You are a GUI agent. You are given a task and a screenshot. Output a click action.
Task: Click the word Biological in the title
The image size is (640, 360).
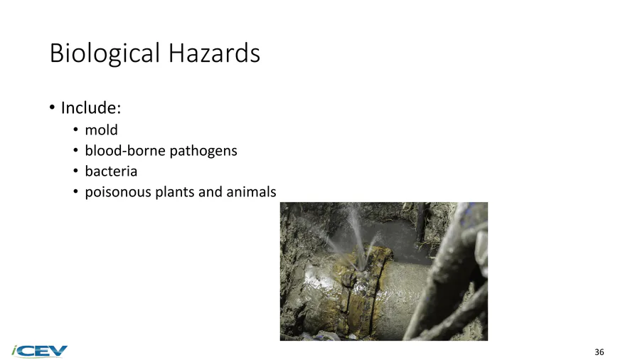pos(105,53)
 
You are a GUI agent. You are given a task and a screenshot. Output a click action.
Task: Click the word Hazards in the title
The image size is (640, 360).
pos(214,53)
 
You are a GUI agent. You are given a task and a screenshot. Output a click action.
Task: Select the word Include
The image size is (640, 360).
pos(91,107)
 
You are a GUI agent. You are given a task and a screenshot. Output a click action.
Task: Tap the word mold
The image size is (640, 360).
pos(101,129)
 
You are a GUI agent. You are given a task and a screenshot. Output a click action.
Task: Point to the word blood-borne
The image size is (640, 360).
pos(125,151)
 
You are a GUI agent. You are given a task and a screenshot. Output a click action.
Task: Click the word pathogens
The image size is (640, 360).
pos(203,151)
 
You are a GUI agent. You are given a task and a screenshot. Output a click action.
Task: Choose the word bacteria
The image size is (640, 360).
pos(111,171)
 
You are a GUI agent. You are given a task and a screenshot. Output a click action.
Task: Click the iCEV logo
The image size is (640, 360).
pos(39,351)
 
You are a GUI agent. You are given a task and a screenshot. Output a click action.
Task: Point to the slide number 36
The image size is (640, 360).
pos(599,352)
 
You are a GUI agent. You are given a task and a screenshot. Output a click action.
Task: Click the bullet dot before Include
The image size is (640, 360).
pos(52,107)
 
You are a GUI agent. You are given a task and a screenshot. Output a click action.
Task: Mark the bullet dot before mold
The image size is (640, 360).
pos(75,129)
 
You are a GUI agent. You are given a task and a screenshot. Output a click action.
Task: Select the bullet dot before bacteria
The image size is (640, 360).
pos(75,171)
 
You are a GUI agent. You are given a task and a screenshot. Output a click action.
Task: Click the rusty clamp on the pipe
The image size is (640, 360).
pos(359,286)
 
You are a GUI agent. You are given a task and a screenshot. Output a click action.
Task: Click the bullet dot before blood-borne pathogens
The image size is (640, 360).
pos(75,151)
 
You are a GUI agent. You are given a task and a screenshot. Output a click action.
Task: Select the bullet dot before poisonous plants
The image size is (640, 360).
pos(75,192)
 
